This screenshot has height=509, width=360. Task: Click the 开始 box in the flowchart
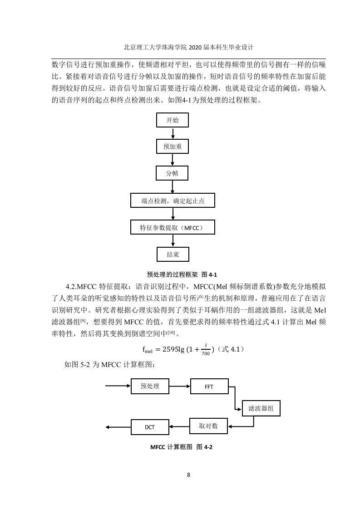point(173,120)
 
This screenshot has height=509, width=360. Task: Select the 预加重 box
point(173,147)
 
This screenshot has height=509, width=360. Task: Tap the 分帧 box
point(172,173)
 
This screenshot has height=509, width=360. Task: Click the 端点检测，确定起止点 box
point(173,201)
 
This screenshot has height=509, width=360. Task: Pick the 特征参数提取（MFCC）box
point(173,227)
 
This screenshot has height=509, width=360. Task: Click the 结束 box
point(173,254)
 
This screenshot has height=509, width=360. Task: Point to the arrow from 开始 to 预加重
point(173,133)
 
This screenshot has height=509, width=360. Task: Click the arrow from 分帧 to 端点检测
point(173,187)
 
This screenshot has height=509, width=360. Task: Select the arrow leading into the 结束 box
point(173,240)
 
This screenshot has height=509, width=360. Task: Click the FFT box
point(209,387)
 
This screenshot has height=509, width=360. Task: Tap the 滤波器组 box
point(261,408)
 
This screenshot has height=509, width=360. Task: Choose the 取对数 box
point(208,426)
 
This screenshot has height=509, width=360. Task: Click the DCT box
point(150,427)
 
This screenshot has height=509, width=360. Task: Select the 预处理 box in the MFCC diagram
point(150,386)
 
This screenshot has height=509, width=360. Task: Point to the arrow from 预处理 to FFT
point(180,387)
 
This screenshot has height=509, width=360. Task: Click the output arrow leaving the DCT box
point(118,427)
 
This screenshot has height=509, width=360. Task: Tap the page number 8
point(188,475)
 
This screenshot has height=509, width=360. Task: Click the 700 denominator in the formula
point(206,353)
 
